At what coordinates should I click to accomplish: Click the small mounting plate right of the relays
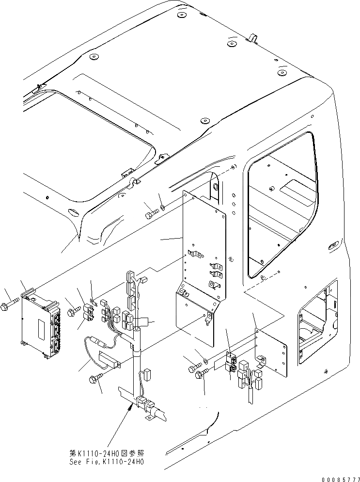271,352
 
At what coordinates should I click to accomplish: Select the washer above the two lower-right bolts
206,361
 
